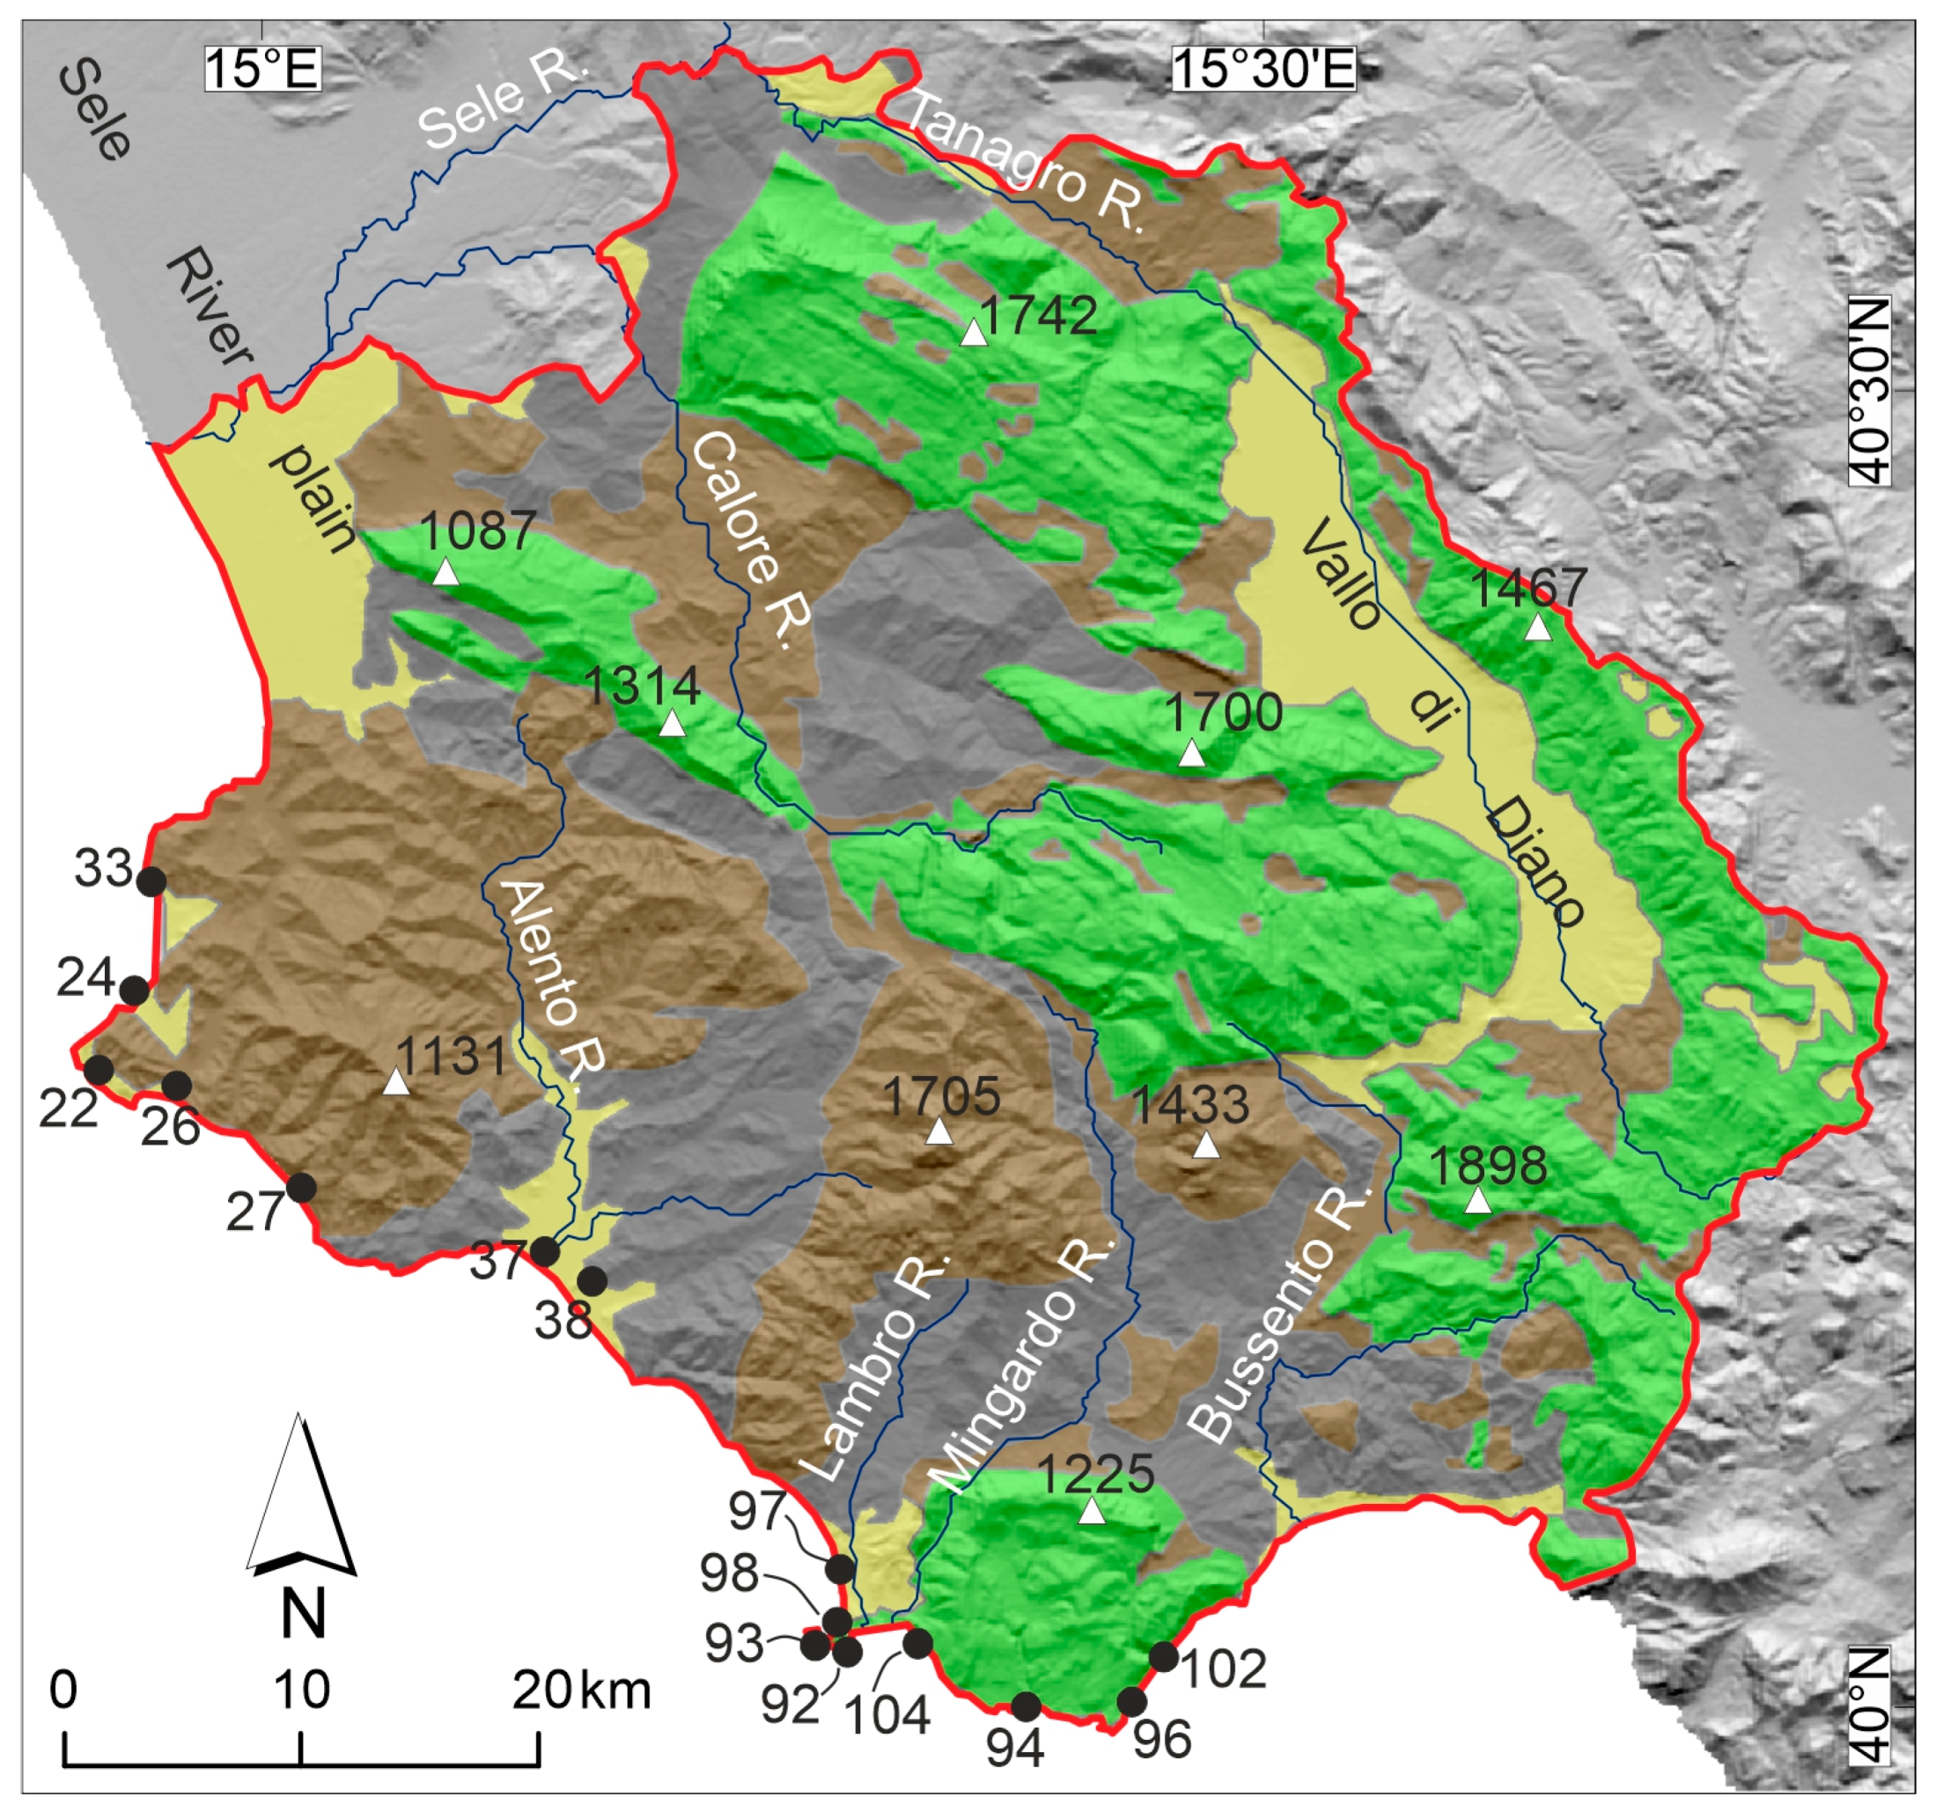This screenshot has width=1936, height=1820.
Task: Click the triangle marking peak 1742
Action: click(974, 333)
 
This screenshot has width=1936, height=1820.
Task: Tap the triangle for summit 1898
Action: click(1478, 1202)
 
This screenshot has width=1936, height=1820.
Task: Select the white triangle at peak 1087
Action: click(445, 571)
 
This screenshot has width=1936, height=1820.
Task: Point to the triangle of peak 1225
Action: click(1092, 1511)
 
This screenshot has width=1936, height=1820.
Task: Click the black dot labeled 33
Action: click(151, 882)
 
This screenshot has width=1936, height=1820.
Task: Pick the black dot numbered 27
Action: click(301, 1188)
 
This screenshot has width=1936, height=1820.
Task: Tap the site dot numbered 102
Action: click(1164, 1656)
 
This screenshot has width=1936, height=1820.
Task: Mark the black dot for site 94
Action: click(1027, 1706)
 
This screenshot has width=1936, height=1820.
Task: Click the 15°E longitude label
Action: click(262, 70)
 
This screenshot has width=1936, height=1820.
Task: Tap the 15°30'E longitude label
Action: click(1263, 70)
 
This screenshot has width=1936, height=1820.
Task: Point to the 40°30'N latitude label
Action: click(1869, 389)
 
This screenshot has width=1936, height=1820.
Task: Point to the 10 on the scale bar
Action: click(301, 1690)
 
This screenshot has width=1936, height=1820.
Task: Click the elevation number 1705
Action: click(941, 1096)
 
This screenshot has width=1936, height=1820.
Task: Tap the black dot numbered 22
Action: click(99, 1069)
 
